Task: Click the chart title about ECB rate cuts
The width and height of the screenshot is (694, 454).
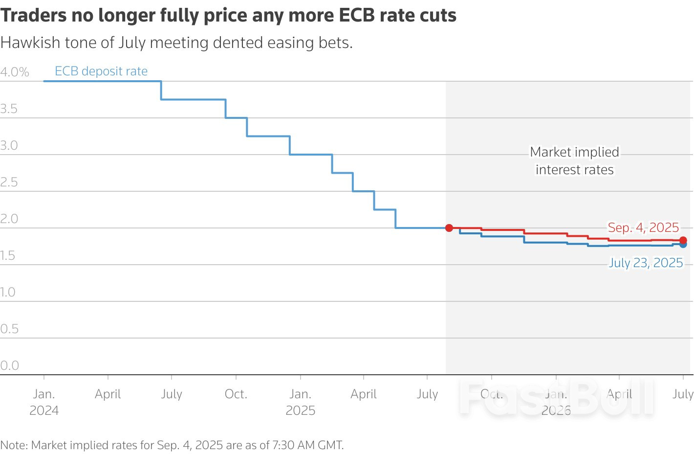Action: pyautogui.click(x=228, y=16)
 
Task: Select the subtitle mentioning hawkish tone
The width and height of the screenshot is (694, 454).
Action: pyautogui.click(x=176, y=43)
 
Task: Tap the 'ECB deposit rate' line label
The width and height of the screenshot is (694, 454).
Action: pyautogui.click(x=101, y=71)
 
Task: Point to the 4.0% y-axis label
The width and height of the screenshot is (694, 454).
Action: pyautogui.click(x=15, y=72)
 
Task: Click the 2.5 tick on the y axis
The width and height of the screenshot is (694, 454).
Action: pyautogui.click(x=9, y=182)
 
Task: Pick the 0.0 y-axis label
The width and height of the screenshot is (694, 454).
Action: pyautogui.click(x=9, y=365)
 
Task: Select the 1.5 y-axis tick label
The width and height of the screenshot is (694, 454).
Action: pyautogui.click(x=8, y=255)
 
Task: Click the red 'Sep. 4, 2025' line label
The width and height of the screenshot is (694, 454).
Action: pyautogui.click(x=643, y=227)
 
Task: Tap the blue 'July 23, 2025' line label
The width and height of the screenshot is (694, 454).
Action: pyautogui.click(x=646, y=263)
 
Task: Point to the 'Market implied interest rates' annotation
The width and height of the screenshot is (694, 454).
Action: pyautogui.click(x=575, y=161)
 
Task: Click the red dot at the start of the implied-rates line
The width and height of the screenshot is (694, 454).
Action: pyautogui.click(x=449, y=228)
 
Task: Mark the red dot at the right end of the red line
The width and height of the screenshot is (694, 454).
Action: pyautogui.click(x=683, y=240)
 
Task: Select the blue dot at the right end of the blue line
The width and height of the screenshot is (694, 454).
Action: pyautogui.click(x=683, y=245)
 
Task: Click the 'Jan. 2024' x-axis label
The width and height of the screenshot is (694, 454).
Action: pyautogui.click(x=44, y=402)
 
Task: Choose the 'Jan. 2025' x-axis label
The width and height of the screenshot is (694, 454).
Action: pyautogui.click(x=300, y=402)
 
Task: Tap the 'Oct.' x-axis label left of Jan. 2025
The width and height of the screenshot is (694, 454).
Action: pyautogui.click(x=236, y=394)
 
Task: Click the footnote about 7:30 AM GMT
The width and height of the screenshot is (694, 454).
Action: pyautogui.click(x=172, y=445)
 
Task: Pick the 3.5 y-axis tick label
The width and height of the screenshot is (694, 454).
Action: pyautogui.click(x=9, y=109)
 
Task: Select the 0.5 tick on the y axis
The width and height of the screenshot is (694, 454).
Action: pyautogui.click(x=9, y=329)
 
